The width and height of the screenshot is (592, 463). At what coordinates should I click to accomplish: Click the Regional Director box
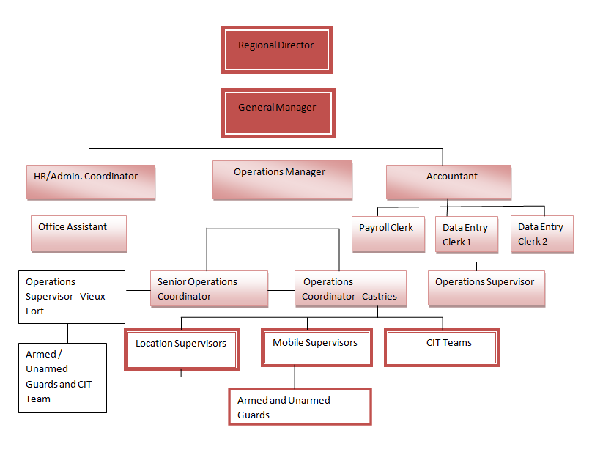click(x=277, y=50)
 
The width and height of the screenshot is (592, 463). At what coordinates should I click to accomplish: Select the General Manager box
click(x=278, y=113)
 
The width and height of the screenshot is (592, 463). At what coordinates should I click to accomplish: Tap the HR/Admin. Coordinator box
click(x=91, y=182)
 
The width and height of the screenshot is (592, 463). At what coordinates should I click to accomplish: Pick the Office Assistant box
click(x=78, y=234)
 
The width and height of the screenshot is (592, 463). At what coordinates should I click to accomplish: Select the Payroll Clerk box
click(x=388, y=234)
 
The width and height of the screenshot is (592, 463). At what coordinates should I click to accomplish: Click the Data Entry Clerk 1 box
click(x=466, y=234)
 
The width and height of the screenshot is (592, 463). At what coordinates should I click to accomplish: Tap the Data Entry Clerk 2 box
click(x=542, y=234)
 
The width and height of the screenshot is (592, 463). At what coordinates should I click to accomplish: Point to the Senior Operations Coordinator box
click(x=209, y=289)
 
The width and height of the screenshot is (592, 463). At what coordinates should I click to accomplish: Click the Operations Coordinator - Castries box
click(x=350, y=289)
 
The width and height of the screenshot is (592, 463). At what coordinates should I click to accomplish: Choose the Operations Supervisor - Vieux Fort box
click(x=71, y=297)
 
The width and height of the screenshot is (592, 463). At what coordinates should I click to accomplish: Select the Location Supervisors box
click(x=182, y=349)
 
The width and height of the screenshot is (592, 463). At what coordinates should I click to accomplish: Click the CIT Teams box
click(x=442, y=347)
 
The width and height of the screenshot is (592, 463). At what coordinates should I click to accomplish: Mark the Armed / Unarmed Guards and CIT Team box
click(x=62, y=377)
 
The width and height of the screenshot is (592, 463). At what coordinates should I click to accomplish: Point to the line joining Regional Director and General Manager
click(x=280, y=81)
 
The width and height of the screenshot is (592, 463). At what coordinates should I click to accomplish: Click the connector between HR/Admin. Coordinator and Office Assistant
click(x=89, y=207)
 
